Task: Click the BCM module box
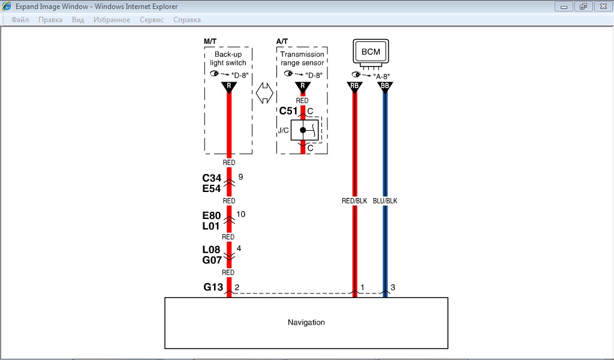[x=371, y=52]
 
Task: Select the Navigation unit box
[x=306, y=322]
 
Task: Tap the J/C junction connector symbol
[x=303, y=130]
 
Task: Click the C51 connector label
[x=288, y=111]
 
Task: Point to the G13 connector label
[x=213, y=287]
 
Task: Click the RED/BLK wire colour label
[x=354, y=201]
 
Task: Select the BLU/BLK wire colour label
[x=385, y=201]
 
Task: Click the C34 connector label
[x=212, y=178]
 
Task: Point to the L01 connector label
[x=212, y=226]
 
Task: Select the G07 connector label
[x=212, y=260]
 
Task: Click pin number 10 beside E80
[x=241, y=214]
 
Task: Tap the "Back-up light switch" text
[x=228, y=58]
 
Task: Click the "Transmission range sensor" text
[x=302, y=58]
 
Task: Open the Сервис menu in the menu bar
[x=152, y=20]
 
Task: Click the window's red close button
[x=602, y=6]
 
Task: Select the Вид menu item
[x=78, y=20]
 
